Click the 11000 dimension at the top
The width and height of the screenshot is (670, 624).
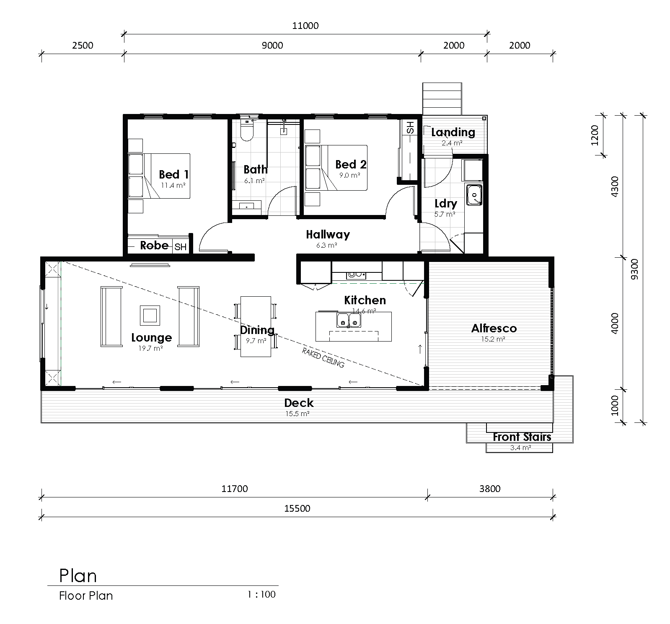305,26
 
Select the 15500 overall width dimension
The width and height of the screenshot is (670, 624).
297,508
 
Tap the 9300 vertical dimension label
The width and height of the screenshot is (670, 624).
634,269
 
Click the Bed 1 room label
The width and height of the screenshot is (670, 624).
173,174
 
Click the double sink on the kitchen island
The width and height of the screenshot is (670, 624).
349,320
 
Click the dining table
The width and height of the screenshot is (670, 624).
255,326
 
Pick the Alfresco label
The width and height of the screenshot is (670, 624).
494,328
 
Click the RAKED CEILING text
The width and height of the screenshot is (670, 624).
323,357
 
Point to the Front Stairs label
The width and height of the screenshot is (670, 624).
522,437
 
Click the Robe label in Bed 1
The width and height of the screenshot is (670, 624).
154,245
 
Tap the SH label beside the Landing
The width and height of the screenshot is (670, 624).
410,127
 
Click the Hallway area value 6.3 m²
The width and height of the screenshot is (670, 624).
326,245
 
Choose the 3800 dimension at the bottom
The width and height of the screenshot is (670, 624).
489,489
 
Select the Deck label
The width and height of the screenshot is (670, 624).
299,403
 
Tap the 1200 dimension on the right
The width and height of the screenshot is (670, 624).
595,135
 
